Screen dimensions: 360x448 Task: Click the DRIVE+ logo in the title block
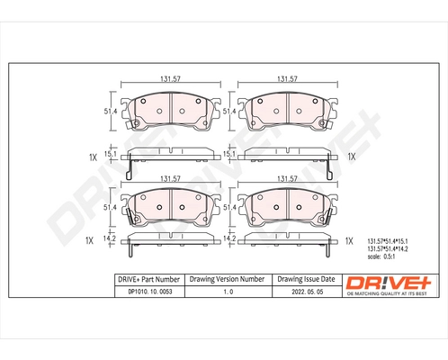click(389, 283)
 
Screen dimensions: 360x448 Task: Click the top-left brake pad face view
click(166, 112)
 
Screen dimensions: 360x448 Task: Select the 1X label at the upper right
click(352, 157)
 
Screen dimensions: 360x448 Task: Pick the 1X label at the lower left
click(90, 241)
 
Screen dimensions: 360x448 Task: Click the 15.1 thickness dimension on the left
click(112, 154)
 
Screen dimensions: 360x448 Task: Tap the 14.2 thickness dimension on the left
click(112, 239)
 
